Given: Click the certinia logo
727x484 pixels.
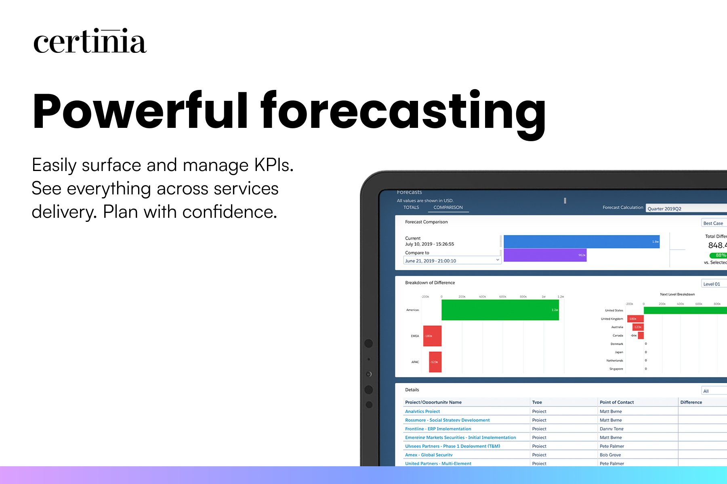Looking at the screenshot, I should click(x=90, y=42).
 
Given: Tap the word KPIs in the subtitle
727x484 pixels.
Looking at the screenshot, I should click(x=273, y=165).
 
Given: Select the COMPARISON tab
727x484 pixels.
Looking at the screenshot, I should click(x=448, y=207).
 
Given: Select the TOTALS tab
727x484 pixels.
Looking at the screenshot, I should click(x=411, y=207).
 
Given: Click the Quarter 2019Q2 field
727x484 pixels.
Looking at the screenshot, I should click(x=683, y=209).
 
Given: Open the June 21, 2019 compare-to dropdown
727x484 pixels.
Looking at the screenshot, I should click(x=452, y=261).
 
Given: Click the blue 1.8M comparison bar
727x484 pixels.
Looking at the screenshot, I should click(x=581, y=242).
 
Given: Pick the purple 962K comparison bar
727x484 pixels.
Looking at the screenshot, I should click(x=545, y=255).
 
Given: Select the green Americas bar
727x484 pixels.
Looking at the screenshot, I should click(x=500, y=310).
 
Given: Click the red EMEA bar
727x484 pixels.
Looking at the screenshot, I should click(x=432, y=336).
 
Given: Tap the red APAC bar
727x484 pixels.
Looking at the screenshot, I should click(x=435, y=362).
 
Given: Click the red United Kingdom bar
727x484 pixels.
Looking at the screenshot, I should click(x=635, y=319).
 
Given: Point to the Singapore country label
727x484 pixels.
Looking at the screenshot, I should click(x=616, y=369).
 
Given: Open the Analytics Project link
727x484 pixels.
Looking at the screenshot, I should click(x=422, y=411).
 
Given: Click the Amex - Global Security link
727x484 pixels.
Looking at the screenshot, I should click(x=429, y=455).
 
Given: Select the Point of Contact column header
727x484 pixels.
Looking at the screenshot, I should click(x=617, y=402).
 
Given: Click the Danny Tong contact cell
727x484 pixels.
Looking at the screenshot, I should click(x=611, y=429).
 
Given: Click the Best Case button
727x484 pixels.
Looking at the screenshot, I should click(x=713, y=223).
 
